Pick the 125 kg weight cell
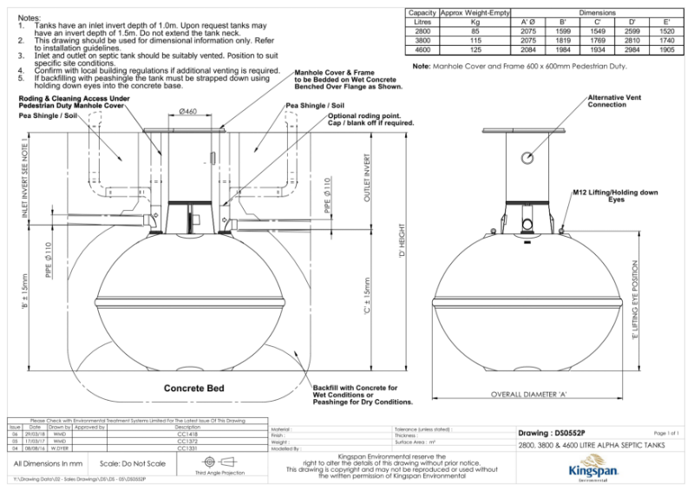[x=475, y=51]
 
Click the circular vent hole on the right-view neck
[x=527, y=157]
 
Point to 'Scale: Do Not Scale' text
[x=133, y=464]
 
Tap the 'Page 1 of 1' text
[x=663, y=432]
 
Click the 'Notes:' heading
[x=29, y=17]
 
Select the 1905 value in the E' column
[x=666, y=51]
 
